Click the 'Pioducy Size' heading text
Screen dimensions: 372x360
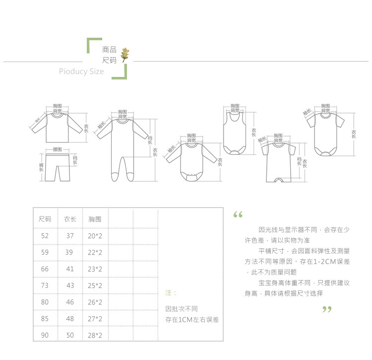[x=81, y=72]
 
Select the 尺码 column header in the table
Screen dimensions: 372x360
[x=45, y=219]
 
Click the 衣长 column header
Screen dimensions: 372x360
[x=70, y=219]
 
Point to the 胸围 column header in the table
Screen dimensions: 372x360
[x=95, y=219]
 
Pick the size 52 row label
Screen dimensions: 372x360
[x=45, y=236]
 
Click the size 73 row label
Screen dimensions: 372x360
[x=45, y=286]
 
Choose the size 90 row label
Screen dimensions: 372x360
[x=45, y=335]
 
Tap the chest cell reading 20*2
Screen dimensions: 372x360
[x=95, y=236]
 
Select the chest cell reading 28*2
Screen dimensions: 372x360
[x=95, y=335]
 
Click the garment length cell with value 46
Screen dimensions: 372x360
[x=70, y=302]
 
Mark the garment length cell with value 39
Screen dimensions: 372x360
[x=70, y=253]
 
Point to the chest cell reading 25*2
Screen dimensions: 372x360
[x=95, y=286]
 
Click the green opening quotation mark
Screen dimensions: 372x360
[x=238, y=215]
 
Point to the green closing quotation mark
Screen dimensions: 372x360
[x=326, y=310]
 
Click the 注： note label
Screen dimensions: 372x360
[x=170, y=293]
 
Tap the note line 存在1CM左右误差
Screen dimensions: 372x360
[x=191, y=319]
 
